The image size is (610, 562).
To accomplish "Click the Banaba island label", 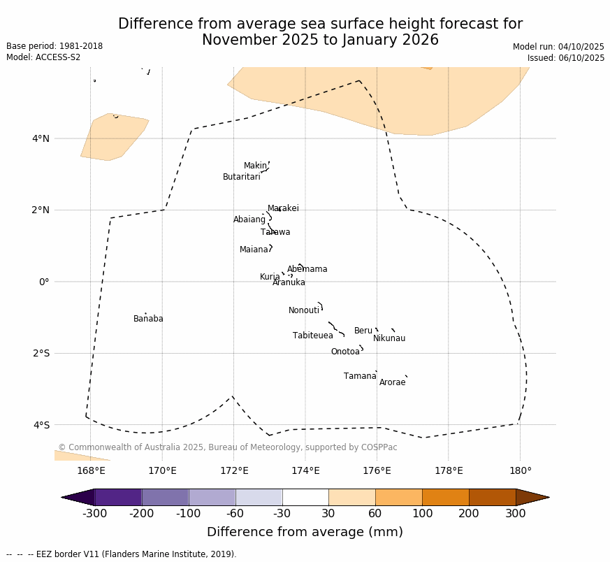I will point(148,319).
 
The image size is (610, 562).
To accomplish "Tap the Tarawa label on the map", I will point(275,233).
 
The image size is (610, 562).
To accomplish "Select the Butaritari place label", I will point(241,178).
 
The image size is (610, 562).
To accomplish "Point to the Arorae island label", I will point(392,383).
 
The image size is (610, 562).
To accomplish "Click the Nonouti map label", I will point(304,311).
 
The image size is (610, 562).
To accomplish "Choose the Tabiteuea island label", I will point(312,336).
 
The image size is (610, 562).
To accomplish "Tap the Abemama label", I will point(307,270).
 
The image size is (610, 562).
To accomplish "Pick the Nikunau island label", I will point(389,339).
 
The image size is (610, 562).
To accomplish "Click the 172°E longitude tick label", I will point(234,471).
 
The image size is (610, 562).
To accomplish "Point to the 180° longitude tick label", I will point(520,471).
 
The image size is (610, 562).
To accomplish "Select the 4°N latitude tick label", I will point(41,138).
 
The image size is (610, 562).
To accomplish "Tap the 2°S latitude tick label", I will point(41,354).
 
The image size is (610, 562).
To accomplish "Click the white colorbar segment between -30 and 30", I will point(305,498).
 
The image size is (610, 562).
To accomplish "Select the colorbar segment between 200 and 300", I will point(492,498).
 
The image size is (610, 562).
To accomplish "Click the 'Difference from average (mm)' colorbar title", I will point(305,533).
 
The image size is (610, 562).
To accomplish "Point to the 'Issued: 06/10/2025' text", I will point(566,58).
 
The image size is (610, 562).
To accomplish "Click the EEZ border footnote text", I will point(122,554).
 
